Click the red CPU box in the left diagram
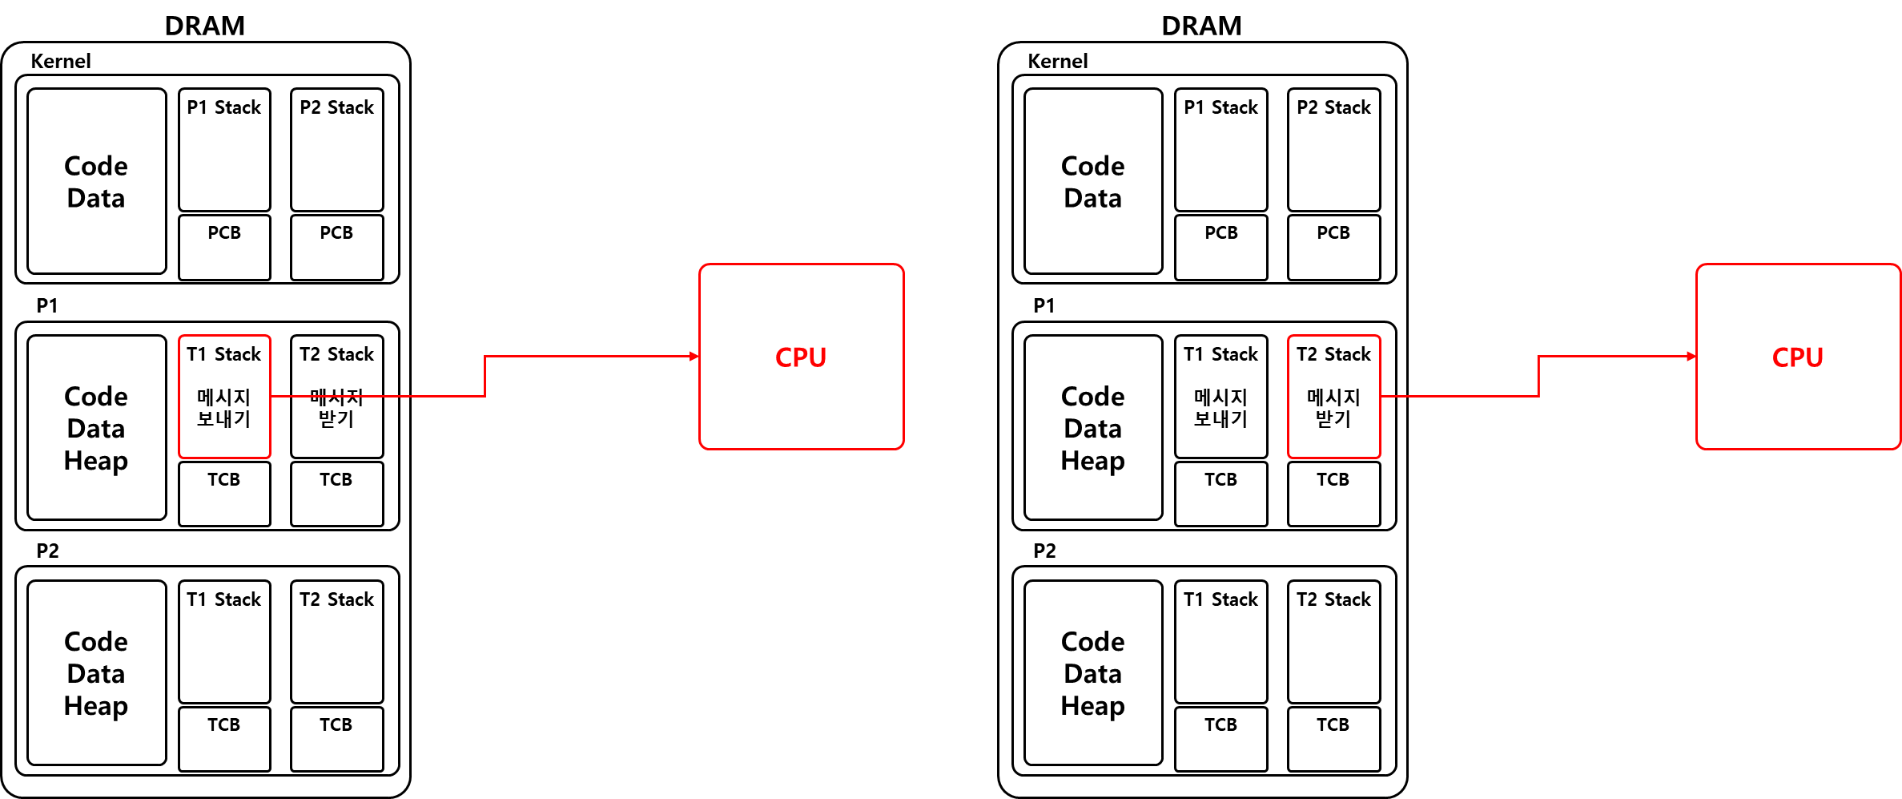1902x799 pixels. tap(802, 357)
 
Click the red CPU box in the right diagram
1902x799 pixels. tap(1799, 357)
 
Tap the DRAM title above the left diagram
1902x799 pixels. tap(205, 26)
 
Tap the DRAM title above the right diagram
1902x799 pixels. tap(1202, 26)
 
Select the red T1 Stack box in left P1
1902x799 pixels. tap(224, 397)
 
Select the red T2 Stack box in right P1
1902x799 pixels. tap(1334, 397)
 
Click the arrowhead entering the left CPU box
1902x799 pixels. tap(695, 357)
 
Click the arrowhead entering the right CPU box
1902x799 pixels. tap(1692, 357)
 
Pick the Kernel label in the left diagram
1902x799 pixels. tap(61, 61)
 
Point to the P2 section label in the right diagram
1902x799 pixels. tap(1044, 551)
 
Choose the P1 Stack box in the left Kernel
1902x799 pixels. tap(224, 150)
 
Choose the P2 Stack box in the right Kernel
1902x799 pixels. tap(1334, 150)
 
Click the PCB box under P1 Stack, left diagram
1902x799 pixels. tap(224, 248)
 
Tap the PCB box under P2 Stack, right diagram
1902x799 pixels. tap(1334, 248)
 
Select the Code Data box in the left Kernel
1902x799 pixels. tap(97, 181)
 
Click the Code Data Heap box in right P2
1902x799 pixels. tap(1093, 673)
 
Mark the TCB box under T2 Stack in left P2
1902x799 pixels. tap(337, 739)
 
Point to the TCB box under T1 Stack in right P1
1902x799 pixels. tap(1221, 494)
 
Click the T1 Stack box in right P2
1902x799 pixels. tap(1221, 642)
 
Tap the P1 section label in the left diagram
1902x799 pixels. tap(47, 305)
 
